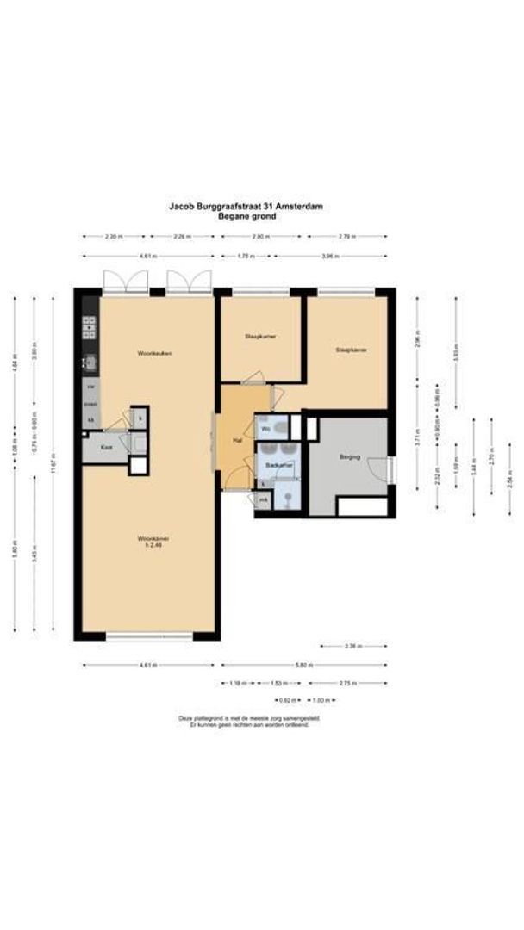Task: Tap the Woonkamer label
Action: click(x=151, y=540)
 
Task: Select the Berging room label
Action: click(x=349, y=456)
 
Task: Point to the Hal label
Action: click(x=235, y=440)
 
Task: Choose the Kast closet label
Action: click(x=106, y=448)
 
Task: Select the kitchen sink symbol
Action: click(x=89, y=363)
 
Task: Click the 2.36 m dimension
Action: click(x=353, y=645)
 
